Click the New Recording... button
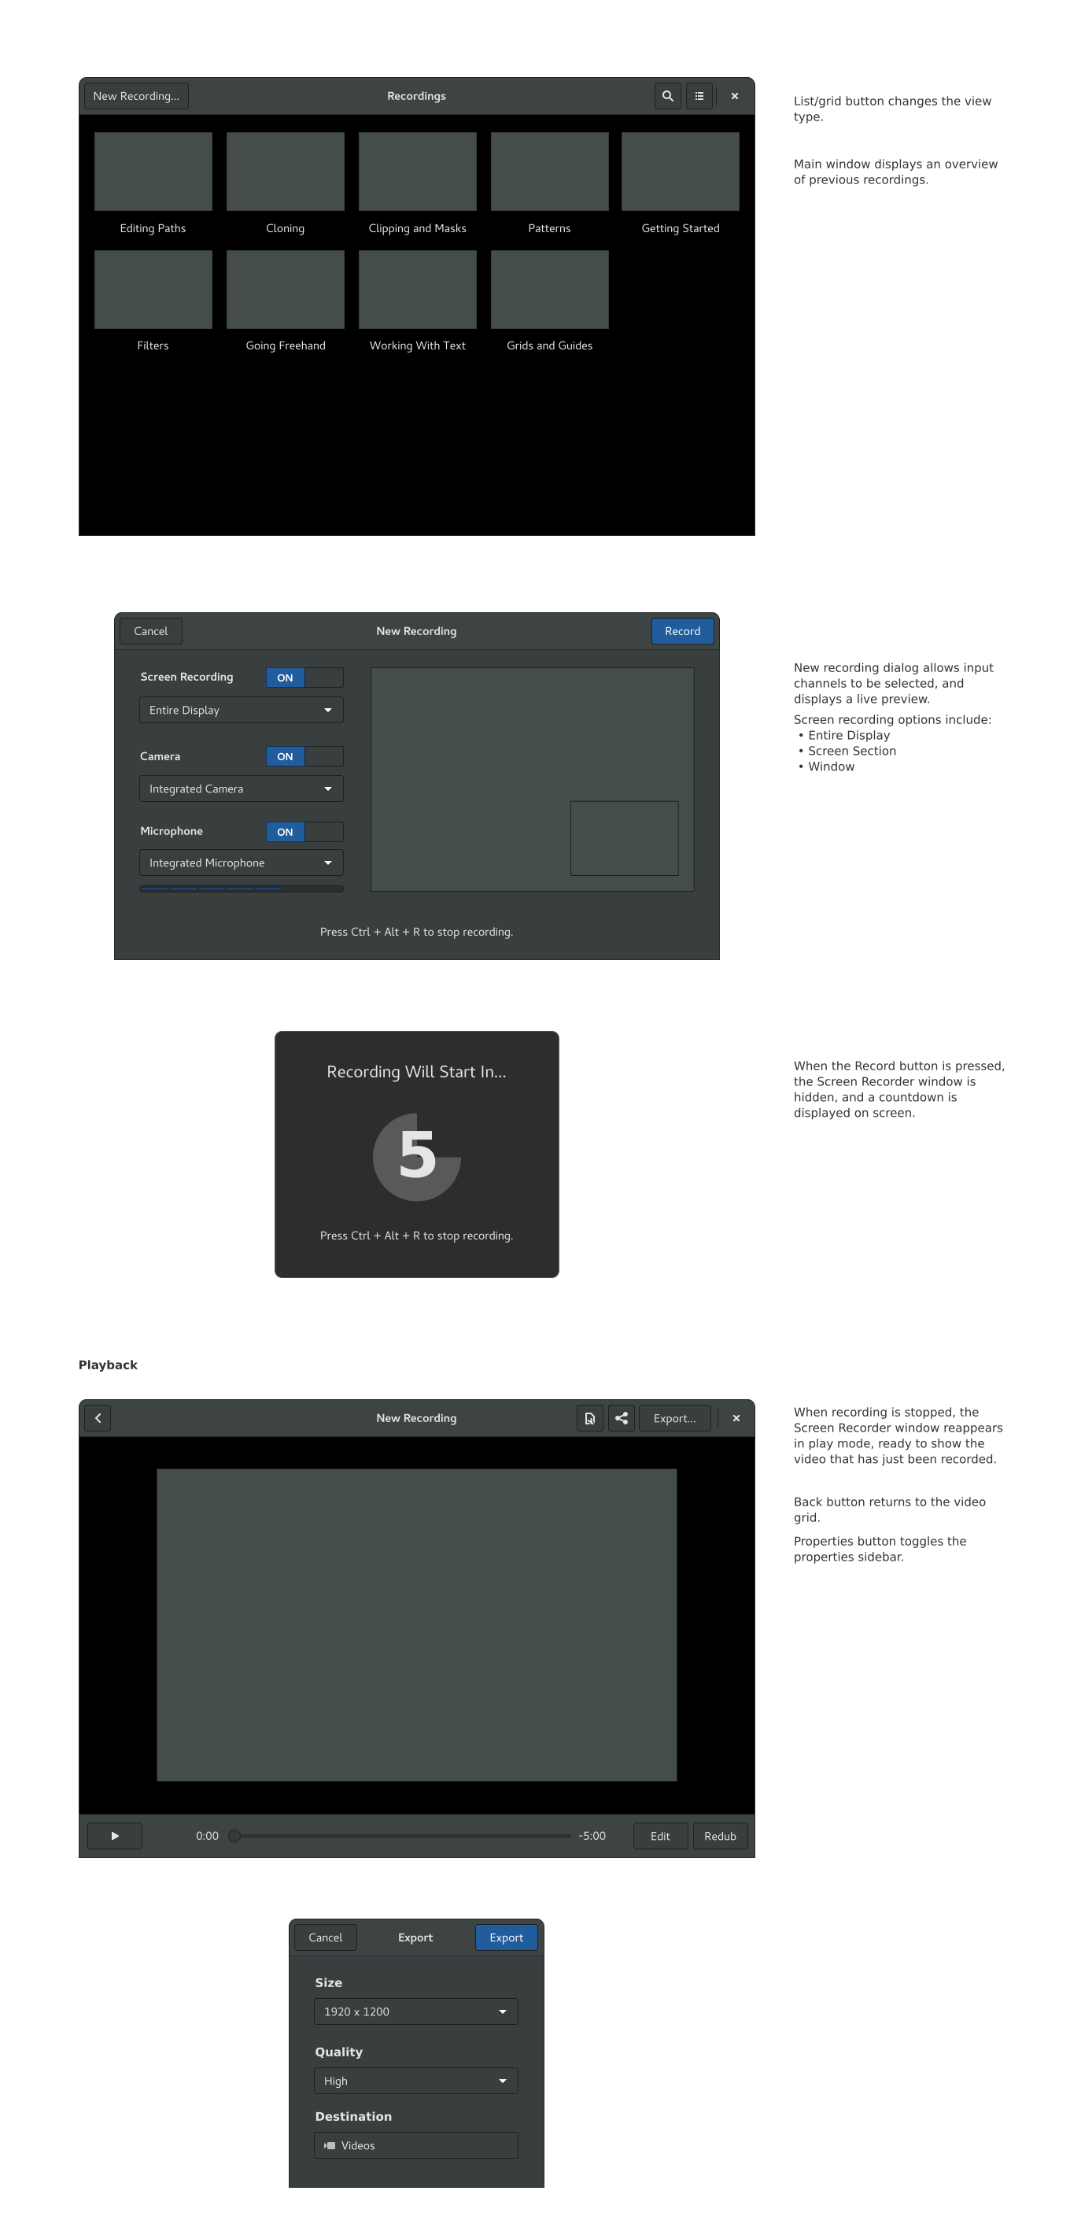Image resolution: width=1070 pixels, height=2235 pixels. [x=136, y=96]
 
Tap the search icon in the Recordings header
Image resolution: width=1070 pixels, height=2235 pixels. [x=668, y=96]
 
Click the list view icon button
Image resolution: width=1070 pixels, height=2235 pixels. [x=699, y=96]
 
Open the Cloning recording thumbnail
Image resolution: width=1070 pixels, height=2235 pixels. [x=286, y=172]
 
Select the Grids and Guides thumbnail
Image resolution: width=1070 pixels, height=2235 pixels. [x=550, y=290]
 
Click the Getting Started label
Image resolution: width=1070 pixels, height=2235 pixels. [x=681, y=229]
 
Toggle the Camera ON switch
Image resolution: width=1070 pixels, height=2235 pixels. [x=304, y=756]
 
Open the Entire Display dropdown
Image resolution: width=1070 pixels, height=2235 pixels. [x=241, y=711]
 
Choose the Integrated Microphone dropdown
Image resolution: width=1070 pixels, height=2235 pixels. [x=241, y=863]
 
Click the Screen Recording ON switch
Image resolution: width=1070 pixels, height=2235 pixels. [x=304, y=678]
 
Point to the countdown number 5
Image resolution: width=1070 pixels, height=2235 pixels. [x=417, y=1154]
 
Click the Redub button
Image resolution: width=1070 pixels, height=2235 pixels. [x=721, y=1837]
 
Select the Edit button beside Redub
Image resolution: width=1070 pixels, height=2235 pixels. [x=661, y=1837]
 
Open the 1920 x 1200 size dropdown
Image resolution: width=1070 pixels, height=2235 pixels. [x=416, y=2012]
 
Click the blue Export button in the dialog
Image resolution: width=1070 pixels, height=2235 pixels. [x=507, y=1938]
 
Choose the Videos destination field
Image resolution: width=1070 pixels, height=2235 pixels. [x=416, y=2145]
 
